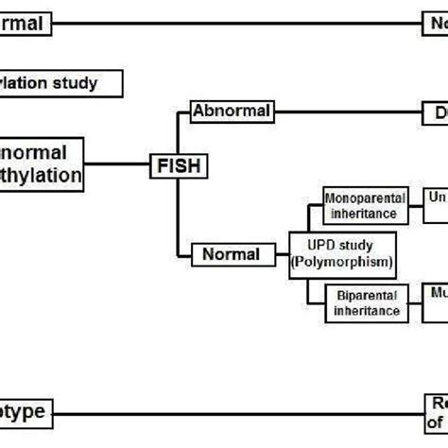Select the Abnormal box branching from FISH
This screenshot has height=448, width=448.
coord(233,112)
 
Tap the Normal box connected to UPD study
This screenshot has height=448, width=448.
coord(232,254)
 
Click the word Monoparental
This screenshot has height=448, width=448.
coord(366,198)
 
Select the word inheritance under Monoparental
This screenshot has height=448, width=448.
coord(366,214)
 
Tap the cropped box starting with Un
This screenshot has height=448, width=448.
coord(435,206)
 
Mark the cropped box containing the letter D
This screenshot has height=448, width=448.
coord(435,113)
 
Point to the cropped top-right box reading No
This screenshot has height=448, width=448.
coord(435,22)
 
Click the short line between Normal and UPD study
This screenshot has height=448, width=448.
coord(280,254)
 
